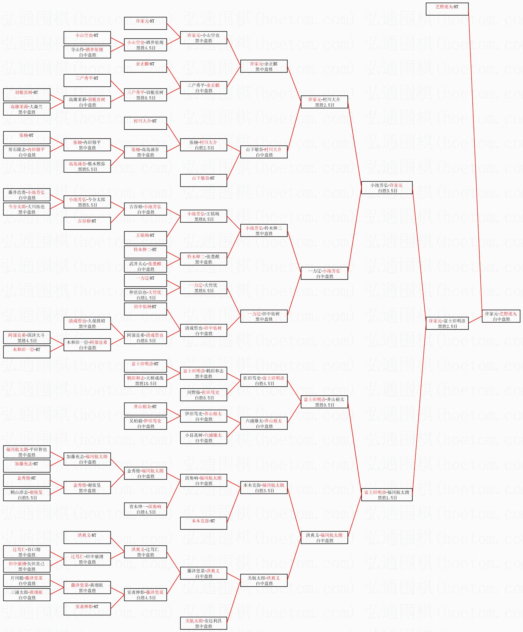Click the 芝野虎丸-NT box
(x=447, y=9)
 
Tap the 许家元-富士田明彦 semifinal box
(x=447, y=324)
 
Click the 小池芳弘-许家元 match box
(x=387, y=188)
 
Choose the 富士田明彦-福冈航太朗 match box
(x=387, y=495)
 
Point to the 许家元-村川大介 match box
(x=324, y=102)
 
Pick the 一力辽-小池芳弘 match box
(x=324, y=273)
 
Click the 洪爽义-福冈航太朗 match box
(x=324, y=538)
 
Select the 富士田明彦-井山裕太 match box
(x=324, y=402)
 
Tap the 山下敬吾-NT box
(x=204, y=180)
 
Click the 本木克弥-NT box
(x=204, y=523)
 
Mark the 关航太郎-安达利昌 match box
(x=204, y=623)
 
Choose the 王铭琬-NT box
(x=145, y=238)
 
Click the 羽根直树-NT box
(x=27, y=95)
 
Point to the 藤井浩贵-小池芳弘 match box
(x=27, y=195)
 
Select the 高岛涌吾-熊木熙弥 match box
(x=87, y=166)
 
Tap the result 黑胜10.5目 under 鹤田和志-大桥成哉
(x=146, y=384)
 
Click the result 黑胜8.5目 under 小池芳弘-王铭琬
(x=204, y=219)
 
